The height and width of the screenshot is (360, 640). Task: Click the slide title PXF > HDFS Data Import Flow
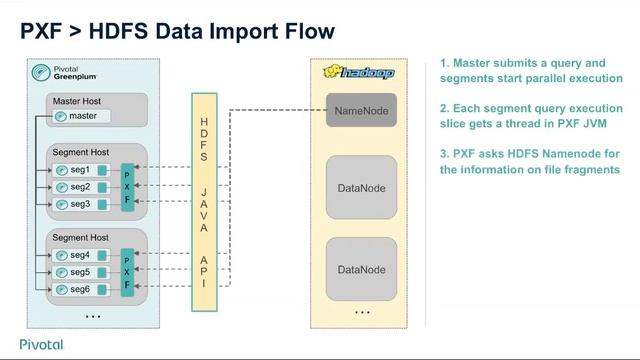click(178, 32)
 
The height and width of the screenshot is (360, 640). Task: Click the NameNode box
click(361, 110)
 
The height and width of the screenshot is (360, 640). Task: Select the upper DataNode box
click(361, 187)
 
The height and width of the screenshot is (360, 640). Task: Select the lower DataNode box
click(361, 269)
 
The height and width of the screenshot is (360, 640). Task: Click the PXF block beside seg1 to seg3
click(127, 187)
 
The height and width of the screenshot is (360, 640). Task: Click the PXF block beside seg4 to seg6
click(127, 271)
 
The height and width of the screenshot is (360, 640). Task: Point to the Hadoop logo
click(359, 73)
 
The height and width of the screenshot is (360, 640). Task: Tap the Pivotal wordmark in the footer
click(41, 344)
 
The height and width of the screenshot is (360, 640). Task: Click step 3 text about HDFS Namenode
click(531, 162)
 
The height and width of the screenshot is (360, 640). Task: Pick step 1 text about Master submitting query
click(531, 70)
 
